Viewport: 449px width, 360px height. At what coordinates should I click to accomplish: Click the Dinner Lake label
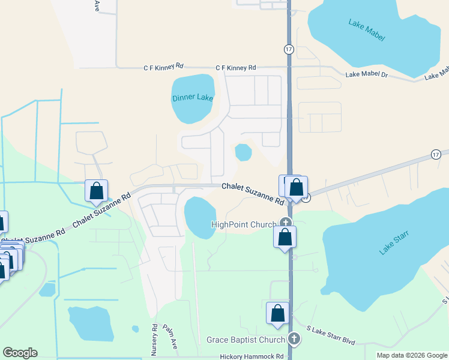coord(193,98)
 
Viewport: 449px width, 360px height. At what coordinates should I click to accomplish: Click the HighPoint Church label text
coord(243,224)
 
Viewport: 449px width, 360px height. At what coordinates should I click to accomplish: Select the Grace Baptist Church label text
coord(246,340)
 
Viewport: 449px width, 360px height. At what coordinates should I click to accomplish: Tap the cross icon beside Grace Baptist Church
coord(294,340)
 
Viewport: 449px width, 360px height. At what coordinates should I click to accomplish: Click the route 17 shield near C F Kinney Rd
coord(289,49)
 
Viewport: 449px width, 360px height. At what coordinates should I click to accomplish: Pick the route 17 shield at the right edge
coord(436,155)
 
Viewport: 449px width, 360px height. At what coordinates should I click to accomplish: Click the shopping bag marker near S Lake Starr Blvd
coord(277,313)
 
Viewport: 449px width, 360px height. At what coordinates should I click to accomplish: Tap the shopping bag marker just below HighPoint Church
coord(285,237)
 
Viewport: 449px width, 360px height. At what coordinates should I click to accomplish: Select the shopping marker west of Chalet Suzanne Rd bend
coord(96,191)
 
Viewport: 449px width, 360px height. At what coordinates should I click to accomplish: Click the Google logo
coord(20,353)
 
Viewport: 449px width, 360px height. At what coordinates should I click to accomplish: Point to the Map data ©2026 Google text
coord(411,355)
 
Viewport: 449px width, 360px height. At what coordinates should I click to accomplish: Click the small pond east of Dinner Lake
coord(243,152)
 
